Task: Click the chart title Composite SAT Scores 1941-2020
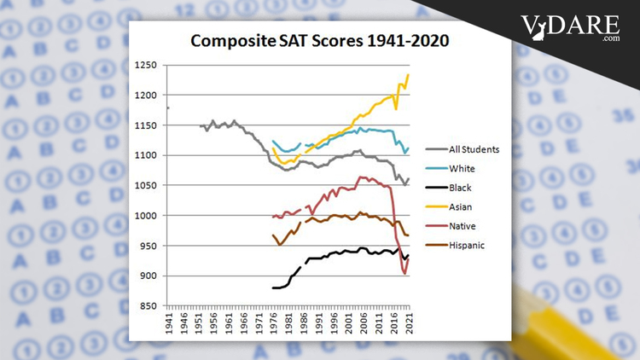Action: [319, 40]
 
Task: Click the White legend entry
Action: [460, 169]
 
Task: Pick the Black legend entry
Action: [459, 188]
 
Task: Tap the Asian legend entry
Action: [459, 206]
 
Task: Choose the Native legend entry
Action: [461, 226]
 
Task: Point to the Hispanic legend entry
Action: [465, 245]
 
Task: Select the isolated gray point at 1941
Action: [168, 108]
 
